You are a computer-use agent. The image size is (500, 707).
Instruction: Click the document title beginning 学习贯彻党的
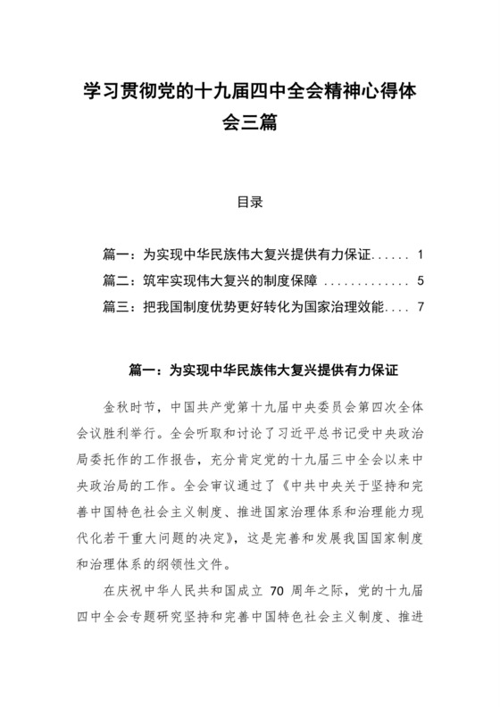249,92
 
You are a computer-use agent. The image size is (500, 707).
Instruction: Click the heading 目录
249,202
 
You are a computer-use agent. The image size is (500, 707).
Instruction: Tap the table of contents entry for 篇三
244,309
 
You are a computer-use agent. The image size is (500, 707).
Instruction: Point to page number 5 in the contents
406,281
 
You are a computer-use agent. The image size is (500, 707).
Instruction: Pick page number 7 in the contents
406,309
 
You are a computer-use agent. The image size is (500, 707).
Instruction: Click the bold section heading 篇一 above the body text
250,367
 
